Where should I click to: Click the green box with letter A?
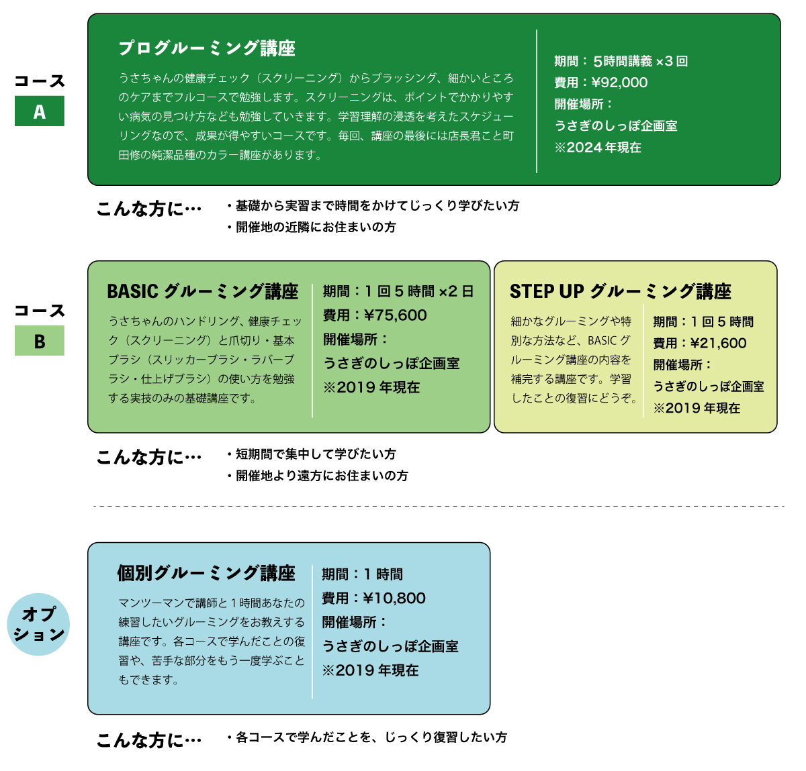[40, 111]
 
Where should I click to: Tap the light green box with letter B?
[40, 340]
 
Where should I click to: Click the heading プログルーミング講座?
[207, 48]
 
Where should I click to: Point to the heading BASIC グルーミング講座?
[203, 291]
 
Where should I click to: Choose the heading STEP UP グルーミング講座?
[620, 291]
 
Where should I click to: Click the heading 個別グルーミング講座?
[206, 573]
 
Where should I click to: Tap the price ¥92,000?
[619, 83]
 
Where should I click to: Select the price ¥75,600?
[395, 315]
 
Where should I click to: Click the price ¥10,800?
[394, 598]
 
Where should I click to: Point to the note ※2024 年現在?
[598, 147]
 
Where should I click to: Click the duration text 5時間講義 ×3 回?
[640, 61]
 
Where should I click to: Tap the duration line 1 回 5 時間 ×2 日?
[418, 291]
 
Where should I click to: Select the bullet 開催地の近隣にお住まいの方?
[312, 227]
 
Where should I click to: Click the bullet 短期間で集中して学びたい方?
[312, 454]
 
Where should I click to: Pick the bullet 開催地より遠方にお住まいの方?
[318, 476]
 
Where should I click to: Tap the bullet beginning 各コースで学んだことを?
[367, 737]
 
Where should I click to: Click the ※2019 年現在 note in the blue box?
[370, 670]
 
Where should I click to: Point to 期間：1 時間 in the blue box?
[363, 574]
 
